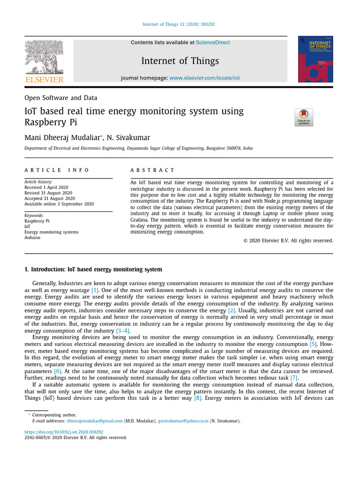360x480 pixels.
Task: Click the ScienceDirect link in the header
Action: point(213,43)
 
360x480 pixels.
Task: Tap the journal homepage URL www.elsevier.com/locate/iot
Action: point(204,78)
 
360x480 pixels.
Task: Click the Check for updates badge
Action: point(303,117)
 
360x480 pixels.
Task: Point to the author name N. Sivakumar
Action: point(128,138)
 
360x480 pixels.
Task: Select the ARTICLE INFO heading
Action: point(56,170)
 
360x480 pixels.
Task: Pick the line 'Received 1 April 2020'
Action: point(46,187)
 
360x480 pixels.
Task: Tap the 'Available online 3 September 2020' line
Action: point(59,204)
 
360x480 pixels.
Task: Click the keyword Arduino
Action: point(32,238)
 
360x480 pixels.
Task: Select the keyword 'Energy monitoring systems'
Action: point(52,232)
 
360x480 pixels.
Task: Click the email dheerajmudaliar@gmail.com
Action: point(95,421)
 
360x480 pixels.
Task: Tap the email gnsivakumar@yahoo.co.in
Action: point(183,421)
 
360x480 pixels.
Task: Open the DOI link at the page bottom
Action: point(64,432)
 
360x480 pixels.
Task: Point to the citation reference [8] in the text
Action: point(198,398)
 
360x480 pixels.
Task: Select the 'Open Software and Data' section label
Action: point(61,98)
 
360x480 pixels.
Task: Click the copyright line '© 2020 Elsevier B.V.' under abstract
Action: point(288,240)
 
